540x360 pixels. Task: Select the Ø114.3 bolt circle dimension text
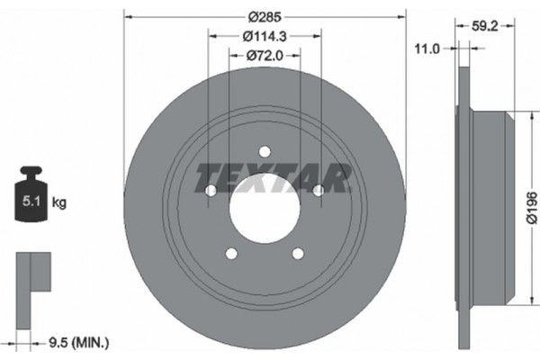click(x=264, y=36)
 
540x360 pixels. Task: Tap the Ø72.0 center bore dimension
click(x=264, y=56)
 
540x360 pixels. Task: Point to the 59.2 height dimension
click(x=485, y=26)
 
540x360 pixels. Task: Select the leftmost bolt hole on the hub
click(x=210, y=190)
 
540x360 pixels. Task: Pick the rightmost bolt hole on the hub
click(x=318, y=190)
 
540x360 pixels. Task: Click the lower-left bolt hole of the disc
click(x=230, y=253)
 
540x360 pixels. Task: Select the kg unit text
click(x=59, y=202)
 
